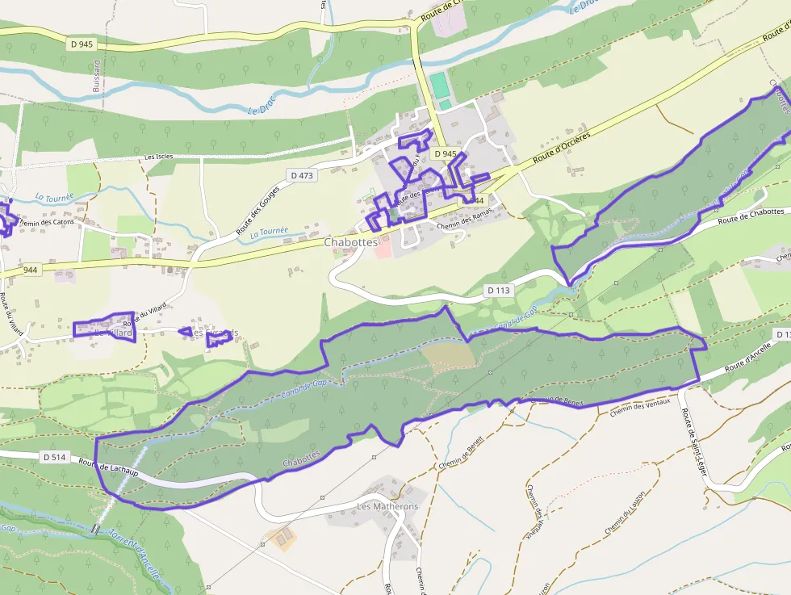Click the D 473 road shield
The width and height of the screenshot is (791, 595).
pyautogui.click(x=300, y=175)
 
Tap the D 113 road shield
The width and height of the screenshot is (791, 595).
pyautogui.click(x=500, y=290)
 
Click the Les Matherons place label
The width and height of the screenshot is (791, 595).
pyautogui.click(x=387, y=507)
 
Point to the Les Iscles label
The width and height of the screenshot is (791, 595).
pyautogui.click(x=160, y=157)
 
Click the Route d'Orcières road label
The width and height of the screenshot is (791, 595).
pyautogui.click(x=562, y=145)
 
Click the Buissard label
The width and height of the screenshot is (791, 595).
pyautogui.click(x=97, y=77)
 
